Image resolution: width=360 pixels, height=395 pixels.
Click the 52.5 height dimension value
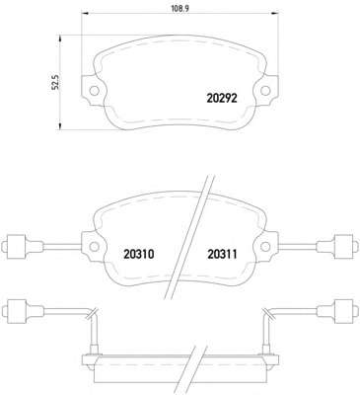56,82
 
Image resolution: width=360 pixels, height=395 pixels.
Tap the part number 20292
222,98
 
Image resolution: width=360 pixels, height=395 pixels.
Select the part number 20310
139,254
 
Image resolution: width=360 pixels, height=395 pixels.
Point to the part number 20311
222,254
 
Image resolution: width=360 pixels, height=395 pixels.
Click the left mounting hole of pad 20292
95,90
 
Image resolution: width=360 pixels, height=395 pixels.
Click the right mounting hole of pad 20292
265,90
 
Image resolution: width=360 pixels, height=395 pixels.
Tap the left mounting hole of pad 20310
95,246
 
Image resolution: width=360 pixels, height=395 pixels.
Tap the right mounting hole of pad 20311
265,246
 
